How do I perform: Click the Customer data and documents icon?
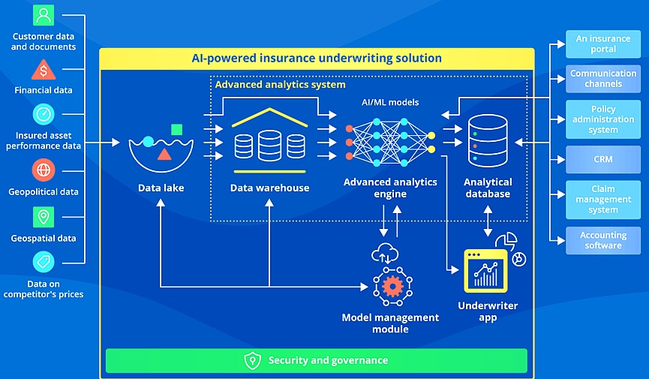pyautogui.click(x=44, y=15)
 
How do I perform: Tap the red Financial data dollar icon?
pyautogui.click(x=44, y=71)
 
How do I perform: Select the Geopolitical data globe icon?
pyautogui.click(x=44, y=170)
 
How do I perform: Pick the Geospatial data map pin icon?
pyautogui.click(x=44, y=217)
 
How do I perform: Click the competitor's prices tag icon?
pyautogui.click(x=44, y=262)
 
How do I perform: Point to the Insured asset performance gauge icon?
pyautogui.click(x=44, y=114)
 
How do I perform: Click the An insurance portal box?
pyautogui.click(x=603, y=44)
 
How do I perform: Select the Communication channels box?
pyautogui.click(x=603, y=79)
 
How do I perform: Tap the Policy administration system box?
pyautogui.click(x=603, y=119)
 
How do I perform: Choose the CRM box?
pyautogui.click(x=603, y=159)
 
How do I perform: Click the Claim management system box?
pyautogui.click(x=603, y=200)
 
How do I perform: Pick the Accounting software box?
pyautogui.click(x=603, y=240)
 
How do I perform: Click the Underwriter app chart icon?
pyautogui.click(x=485, y=270)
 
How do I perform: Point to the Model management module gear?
pyautogui.click(x=390, y=286)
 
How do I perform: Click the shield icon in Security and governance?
pyautogui.click(x=253, y=360)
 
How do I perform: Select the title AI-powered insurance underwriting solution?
pyautogui.click(x=317, y=58)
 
